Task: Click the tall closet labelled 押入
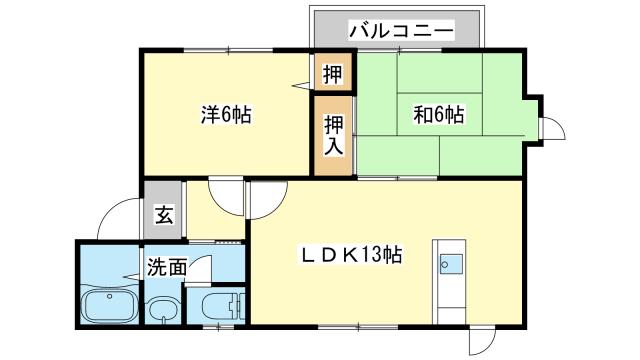click(333, 135)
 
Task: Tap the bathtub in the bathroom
click(108, 306)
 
